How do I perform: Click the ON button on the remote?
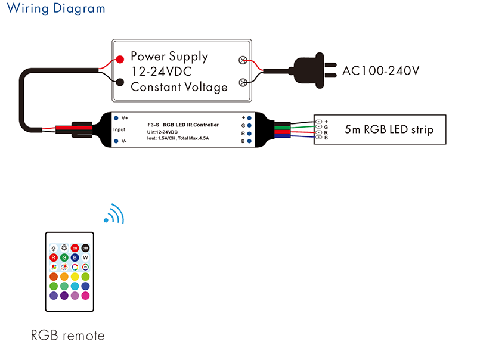(75, 248)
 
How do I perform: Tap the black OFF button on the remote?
(85, 248)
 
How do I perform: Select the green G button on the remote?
(64, 257)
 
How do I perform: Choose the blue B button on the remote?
(75, 257)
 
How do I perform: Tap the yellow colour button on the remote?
(75, 277)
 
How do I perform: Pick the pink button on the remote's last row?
(85, 295)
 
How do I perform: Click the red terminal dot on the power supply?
(120, 59)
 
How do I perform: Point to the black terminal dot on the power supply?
(120, 82)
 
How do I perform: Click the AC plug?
(314, 70)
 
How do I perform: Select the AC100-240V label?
(381, 71)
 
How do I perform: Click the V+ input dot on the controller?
(116, 118)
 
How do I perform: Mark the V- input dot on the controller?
(116, 141)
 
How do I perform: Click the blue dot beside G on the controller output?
(249, 125)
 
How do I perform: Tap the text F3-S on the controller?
(153, 125)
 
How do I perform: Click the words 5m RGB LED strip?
(389, 129)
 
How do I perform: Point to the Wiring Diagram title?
(56, 8)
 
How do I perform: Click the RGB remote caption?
(67, 336)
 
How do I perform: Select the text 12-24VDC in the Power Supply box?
(162, 72)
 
